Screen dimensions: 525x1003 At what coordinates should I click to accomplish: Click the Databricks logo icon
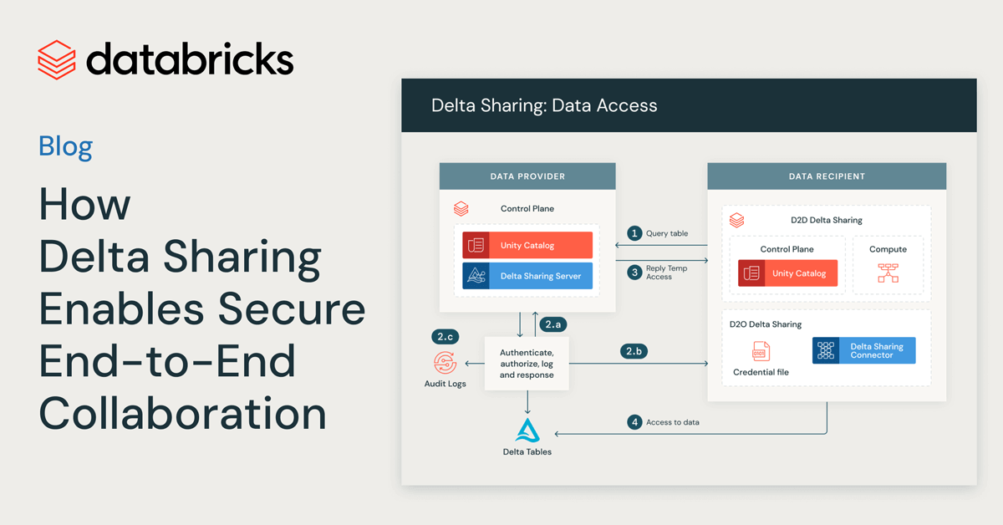tap(57, 59)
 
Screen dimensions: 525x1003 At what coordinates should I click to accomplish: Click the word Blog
tap(65, 147)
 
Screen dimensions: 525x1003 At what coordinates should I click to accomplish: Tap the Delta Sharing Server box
tap(527, 276)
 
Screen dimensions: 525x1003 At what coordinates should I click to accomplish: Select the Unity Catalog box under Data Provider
tap(527, 245)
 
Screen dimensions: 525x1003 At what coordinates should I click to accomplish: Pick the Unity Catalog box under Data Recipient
tap(787, 273)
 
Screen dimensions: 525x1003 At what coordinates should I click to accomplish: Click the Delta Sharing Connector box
tap(863, 350)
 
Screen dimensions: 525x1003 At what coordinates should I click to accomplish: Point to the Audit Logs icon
tap(445, 363)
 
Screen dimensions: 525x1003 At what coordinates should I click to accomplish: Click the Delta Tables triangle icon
tap(527, 430)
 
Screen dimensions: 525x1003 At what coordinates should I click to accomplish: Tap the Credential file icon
tap(761, 351)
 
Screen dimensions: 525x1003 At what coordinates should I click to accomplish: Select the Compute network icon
tap(888, 273)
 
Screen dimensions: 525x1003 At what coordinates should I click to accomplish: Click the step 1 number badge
tap(635, 233)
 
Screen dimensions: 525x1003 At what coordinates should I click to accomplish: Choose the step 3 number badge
tap(635, 272)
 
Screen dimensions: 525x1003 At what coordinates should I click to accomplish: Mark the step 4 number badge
tap(635, 422)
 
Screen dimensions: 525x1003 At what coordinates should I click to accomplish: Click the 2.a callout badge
tap(553, 324)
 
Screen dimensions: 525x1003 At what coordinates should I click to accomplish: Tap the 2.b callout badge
tap(634, 351)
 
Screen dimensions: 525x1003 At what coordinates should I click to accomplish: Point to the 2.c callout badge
tap(445, 337)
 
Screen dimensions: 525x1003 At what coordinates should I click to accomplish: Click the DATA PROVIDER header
tap(527, 176)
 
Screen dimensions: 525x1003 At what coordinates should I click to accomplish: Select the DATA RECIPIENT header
tap(827, 176)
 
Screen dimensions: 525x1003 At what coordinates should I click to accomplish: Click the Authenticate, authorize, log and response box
tap(527, 364)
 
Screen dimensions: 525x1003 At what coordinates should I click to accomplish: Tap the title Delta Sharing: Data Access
tap(544, 105)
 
